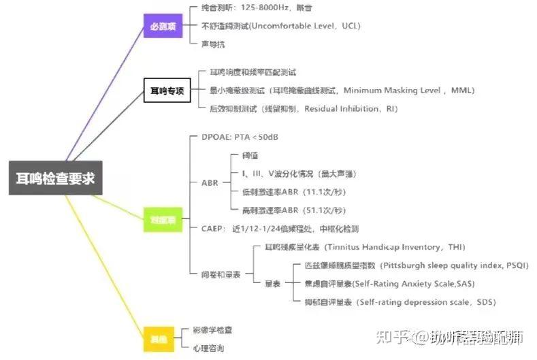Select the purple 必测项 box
pyautogui.click(x=163, y=27)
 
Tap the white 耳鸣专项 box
pyautogui.click(x=167, y=89)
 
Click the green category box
pyautogui.click(x=163, y=218)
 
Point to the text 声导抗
pyautogui.click(x=213, y=44)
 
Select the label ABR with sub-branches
pyautogui.click(x=210, y=182)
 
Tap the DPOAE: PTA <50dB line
pyautogui.click(x=240, y=137)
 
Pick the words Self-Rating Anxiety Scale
pyautogui.click(x=410, y=283)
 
